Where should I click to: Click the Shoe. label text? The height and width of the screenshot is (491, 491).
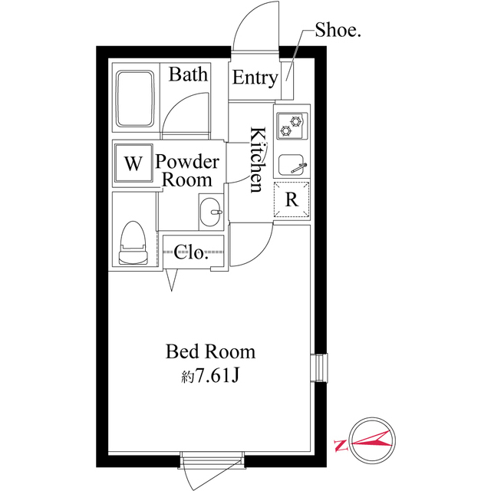click(338, 31)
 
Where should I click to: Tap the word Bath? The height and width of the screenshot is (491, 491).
click(188, 74)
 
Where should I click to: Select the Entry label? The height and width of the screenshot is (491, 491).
click(255, 78)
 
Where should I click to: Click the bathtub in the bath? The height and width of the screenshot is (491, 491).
click(135, 99)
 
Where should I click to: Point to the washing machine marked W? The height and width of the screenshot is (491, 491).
click(133, 163)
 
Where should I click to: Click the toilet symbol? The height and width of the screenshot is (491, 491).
click(133, 243)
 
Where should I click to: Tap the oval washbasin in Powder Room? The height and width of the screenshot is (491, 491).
click(210, 212)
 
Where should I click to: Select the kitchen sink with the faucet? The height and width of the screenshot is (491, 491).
click(292, 165)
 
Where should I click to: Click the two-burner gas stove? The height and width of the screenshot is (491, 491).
click(292, 126)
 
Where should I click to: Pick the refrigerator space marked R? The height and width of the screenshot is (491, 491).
click(292, 199)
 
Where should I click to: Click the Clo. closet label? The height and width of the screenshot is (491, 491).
click(191, 252)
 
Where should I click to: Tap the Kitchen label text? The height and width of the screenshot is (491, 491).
click(259, 160)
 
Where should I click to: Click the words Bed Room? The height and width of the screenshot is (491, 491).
click(210, 351)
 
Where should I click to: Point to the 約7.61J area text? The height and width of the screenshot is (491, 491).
click(210, 375)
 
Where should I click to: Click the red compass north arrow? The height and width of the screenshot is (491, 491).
click(371, 440)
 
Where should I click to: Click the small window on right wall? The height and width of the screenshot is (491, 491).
click(319, 368)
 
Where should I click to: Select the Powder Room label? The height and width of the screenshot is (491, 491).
click(187, 170)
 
